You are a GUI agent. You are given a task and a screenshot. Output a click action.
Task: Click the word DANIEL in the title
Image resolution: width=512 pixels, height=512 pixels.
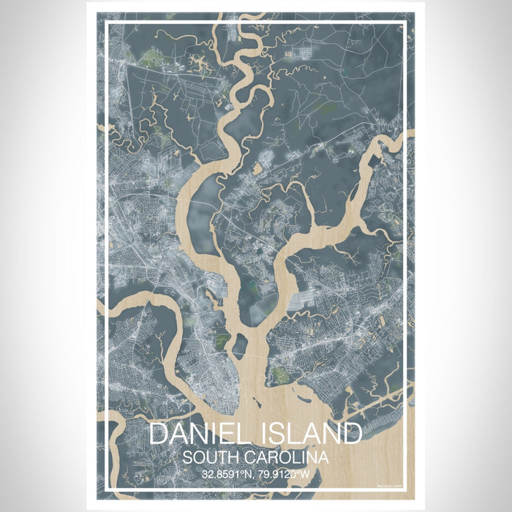tap(196, 434)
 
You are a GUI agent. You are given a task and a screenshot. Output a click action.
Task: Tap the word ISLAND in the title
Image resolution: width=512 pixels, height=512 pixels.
tap(307, 434)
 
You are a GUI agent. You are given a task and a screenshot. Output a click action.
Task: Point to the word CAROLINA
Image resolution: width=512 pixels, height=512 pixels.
tap(289, 458)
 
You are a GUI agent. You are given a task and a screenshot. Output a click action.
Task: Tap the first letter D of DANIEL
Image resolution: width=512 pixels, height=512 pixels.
tap(159, 434)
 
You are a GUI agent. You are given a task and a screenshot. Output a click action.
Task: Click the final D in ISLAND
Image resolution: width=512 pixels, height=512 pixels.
tap(352, 434)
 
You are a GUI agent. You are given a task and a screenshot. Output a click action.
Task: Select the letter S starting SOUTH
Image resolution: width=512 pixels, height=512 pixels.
tap(188, 458)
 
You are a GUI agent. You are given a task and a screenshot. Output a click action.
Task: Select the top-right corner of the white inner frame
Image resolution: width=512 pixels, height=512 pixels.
tap(404, 23)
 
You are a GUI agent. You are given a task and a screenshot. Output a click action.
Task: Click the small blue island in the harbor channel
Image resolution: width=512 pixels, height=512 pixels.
tap(241, 342)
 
